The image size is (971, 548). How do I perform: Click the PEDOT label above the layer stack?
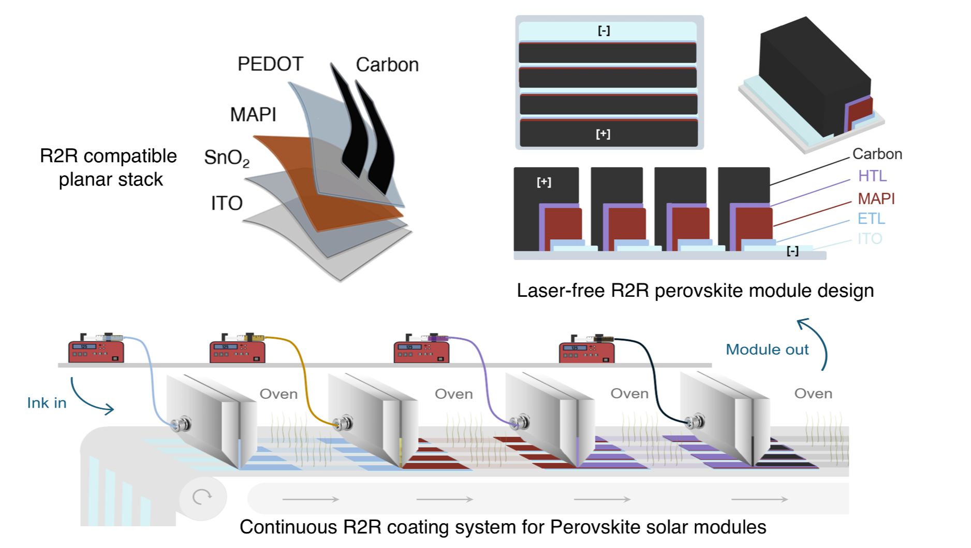(x=270, y=64)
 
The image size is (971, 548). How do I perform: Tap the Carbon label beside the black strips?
(x=387, y=65)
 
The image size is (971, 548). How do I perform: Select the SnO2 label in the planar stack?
(x=226, y=157)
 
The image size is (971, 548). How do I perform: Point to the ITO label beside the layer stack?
(x=227, y=203)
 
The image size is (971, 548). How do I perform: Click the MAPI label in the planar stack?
(x=253, y=114)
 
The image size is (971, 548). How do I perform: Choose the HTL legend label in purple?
(x=872, y=176)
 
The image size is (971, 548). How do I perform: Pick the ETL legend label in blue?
(x=871, y=219)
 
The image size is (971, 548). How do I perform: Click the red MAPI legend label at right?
(x=876, y=198)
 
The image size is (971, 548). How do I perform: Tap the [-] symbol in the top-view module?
(x=604, y=31)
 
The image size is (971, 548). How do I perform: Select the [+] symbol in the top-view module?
(x=603, y=134)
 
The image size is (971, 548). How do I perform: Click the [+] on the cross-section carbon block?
(x=544, y=182)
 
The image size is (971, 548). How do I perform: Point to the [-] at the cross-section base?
(x=792, y=251)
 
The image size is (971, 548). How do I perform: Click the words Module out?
(x=767, y=350)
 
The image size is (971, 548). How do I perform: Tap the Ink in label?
(x=47, y=403)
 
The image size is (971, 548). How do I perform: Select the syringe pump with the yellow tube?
(x=238, y=350)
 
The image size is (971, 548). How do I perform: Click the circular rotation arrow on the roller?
(x=202, y=497)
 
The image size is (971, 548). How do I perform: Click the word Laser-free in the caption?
(x=561, y=291)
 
